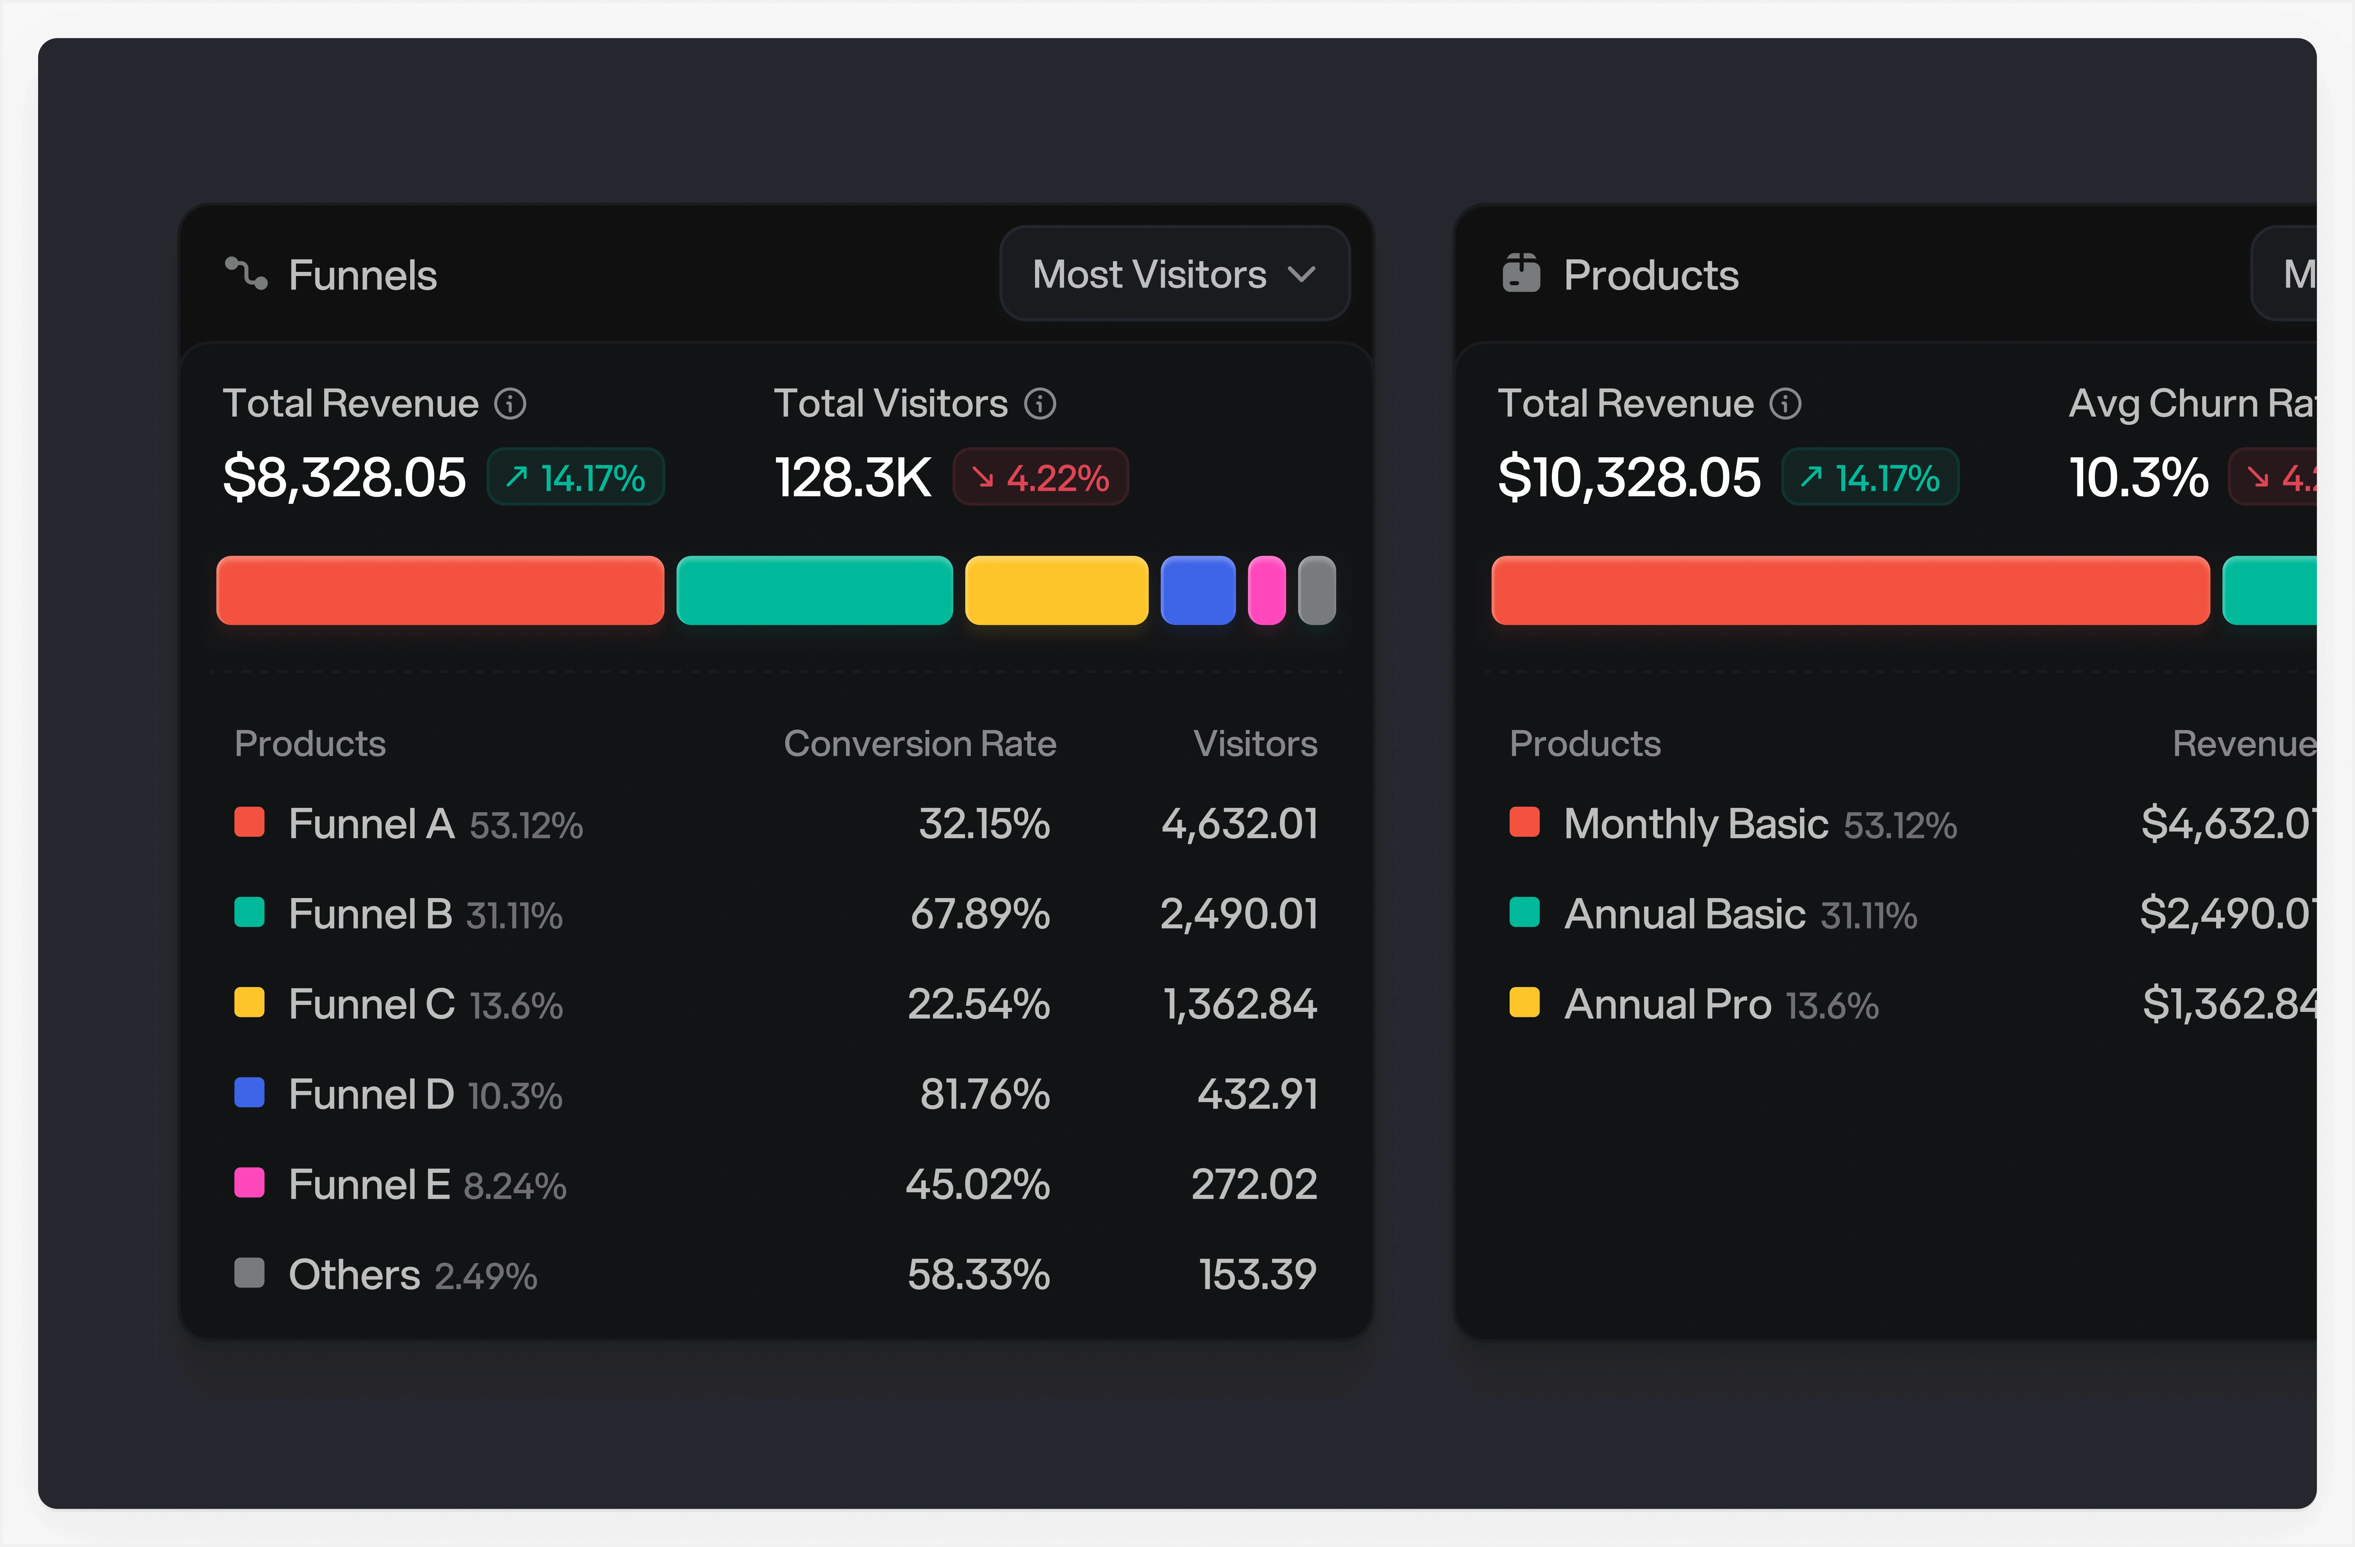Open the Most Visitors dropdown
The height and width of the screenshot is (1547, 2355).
pyautogui.click(x=1175, y=274)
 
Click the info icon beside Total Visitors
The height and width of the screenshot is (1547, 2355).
pyautogui.click(x=1040, y=404)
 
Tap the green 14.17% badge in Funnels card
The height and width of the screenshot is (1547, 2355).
pyautogui.click(x=576, y=478)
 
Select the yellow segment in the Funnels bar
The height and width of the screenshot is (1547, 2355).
pyautogui.click(x=1056, y=591)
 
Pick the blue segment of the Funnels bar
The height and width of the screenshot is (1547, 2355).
pyautogui.click(x=1197, y=591)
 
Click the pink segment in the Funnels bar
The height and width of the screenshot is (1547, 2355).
pyautogui.click(x=1267, y=591)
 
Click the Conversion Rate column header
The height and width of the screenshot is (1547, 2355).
pyautogui.click(x=919, y=743)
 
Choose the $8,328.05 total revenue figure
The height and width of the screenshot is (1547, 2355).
pyautogui.click(x=344, y=478)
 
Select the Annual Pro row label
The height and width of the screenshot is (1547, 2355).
pyautogui.click(x=1667, y=1005)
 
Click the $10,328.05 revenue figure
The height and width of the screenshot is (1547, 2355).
pyautogui.click(x=1629, y=478)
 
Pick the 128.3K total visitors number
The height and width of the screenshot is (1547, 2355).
pyautogui.click(x=852, y=478)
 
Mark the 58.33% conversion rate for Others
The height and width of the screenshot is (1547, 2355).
pyautogui.click(x=979, y=1275)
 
